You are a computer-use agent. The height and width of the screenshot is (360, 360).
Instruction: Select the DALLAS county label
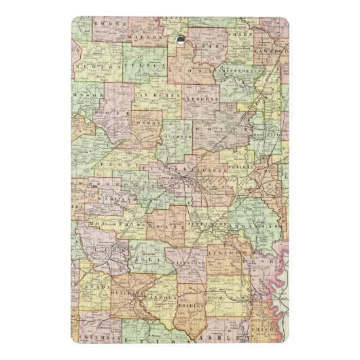tap(151, 259)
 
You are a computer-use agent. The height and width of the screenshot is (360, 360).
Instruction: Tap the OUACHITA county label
tap(127, 293)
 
